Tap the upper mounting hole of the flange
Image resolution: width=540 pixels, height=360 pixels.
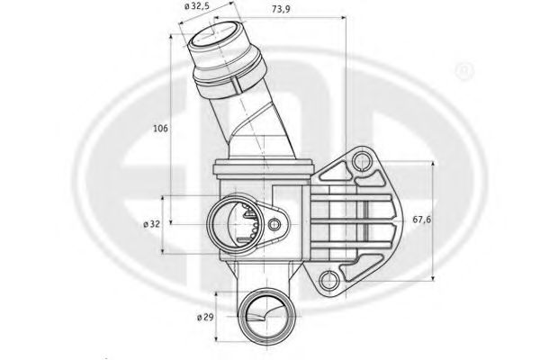point(363,162)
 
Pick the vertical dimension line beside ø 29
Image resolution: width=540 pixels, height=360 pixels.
point(219,317)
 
